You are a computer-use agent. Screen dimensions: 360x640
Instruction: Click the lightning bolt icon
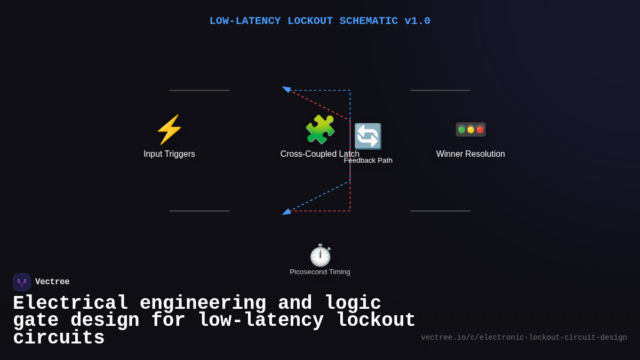[x=169, y=130]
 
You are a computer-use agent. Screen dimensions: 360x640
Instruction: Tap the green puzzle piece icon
[x=320, y=130]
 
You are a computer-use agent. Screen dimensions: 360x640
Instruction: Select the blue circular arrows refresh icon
[x=368, y=137]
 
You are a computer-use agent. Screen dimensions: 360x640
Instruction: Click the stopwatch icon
[x=320, y=255]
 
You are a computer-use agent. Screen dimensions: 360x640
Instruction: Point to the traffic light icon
[x=470, y=130]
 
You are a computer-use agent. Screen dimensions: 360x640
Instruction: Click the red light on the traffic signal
[x=479, y=130]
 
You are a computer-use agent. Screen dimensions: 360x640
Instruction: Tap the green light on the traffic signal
[x=461, y=130]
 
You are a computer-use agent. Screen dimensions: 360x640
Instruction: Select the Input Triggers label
[x=169, y=154]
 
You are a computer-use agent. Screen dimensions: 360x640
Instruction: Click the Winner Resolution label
[x=470, y=154]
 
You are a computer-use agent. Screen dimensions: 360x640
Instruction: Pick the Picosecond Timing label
[x=320, y=272]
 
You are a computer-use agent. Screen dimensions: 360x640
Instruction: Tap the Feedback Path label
[x=368, y=161]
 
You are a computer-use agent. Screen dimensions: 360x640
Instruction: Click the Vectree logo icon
[x=22, y=282]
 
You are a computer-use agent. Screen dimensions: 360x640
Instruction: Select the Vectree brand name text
[x=52, y=282]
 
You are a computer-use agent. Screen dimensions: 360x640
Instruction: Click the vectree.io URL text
[x=524, y=338]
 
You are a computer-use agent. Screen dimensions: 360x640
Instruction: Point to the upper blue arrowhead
[x=286, y=89]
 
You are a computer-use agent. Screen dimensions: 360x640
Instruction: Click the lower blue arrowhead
[x=286, y=212]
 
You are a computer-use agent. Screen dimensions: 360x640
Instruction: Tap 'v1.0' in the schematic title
[x=417, y=21]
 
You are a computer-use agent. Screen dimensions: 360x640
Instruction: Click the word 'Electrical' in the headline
[x=70, y=303]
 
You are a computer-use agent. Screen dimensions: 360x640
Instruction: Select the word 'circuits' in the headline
[x=59, y=338]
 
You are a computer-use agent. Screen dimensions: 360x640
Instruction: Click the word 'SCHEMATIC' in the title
[x=369, y=21]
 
